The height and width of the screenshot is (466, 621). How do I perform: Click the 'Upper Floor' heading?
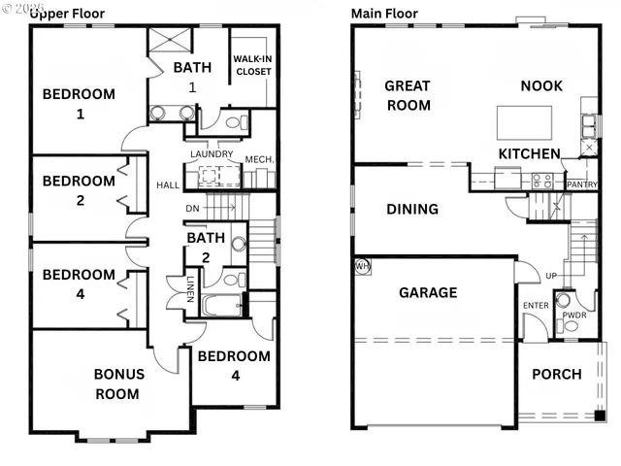(x=67, y=14)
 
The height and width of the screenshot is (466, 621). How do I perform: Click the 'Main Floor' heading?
(x=384, y=14)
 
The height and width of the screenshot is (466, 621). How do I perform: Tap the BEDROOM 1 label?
(x=79, y=104)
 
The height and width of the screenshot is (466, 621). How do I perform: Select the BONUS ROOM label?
(x=118, y=383)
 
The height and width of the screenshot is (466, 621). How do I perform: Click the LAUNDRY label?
(x=212, y=154)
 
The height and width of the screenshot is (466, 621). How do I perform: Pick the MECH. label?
(x=259, y=159)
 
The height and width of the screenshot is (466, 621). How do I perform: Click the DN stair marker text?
(x=193, y=208)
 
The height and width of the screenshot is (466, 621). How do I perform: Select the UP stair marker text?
(x=551, y=277)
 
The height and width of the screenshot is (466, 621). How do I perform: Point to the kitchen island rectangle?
(x=525, y=122)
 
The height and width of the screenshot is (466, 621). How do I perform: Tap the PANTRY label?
(x=582, y=184)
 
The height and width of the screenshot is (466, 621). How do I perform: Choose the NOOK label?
(x=541, y=85)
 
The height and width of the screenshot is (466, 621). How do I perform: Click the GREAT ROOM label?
(x=408, y=95)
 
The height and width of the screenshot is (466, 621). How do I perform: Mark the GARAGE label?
(x=428, y=292)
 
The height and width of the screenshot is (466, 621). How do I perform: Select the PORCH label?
(x=557, y=374)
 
